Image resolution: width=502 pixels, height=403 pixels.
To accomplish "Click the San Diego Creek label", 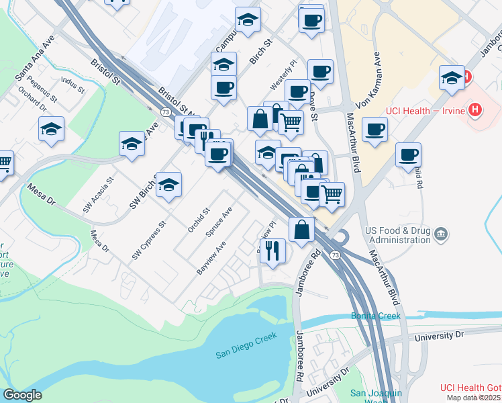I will coord(246,355).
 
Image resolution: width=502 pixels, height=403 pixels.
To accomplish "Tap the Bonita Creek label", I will coord(375,316).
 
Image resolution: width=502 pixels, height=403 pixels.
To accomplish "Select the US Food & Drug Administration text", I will coord(397,234).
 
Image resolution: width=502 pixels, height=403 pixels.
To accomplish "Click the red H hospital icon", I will coord(475,109).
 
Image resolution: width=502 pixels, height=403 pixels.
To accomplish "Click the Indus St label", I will coord(72,85).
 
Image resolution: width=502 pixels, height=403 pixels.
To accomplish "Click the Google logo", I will coord(22,395).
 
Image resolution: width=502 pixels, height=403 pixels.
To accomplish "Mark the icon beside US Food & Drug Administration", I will coord(442,234).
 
